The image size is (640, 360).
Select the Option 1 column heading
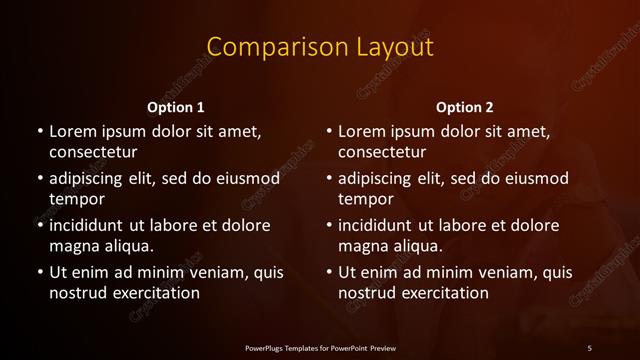coord(175,107)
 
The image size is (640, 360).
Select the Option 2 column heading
coord(465,107)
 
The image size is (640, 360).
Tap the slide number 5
coord(590,347)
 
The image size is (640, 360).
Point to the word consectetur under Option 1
coord(93,152)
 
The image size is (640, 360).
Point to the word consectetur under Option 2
coord(382,152)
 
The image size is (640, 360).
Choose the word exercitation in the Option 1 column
coord(154,292)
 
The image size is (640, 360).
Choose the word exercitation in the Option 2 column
coord(443,292)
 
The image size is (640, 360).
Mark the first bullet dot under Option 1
coord(40,131)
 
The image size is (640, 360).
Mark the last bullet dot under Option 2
coord(329,271)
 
